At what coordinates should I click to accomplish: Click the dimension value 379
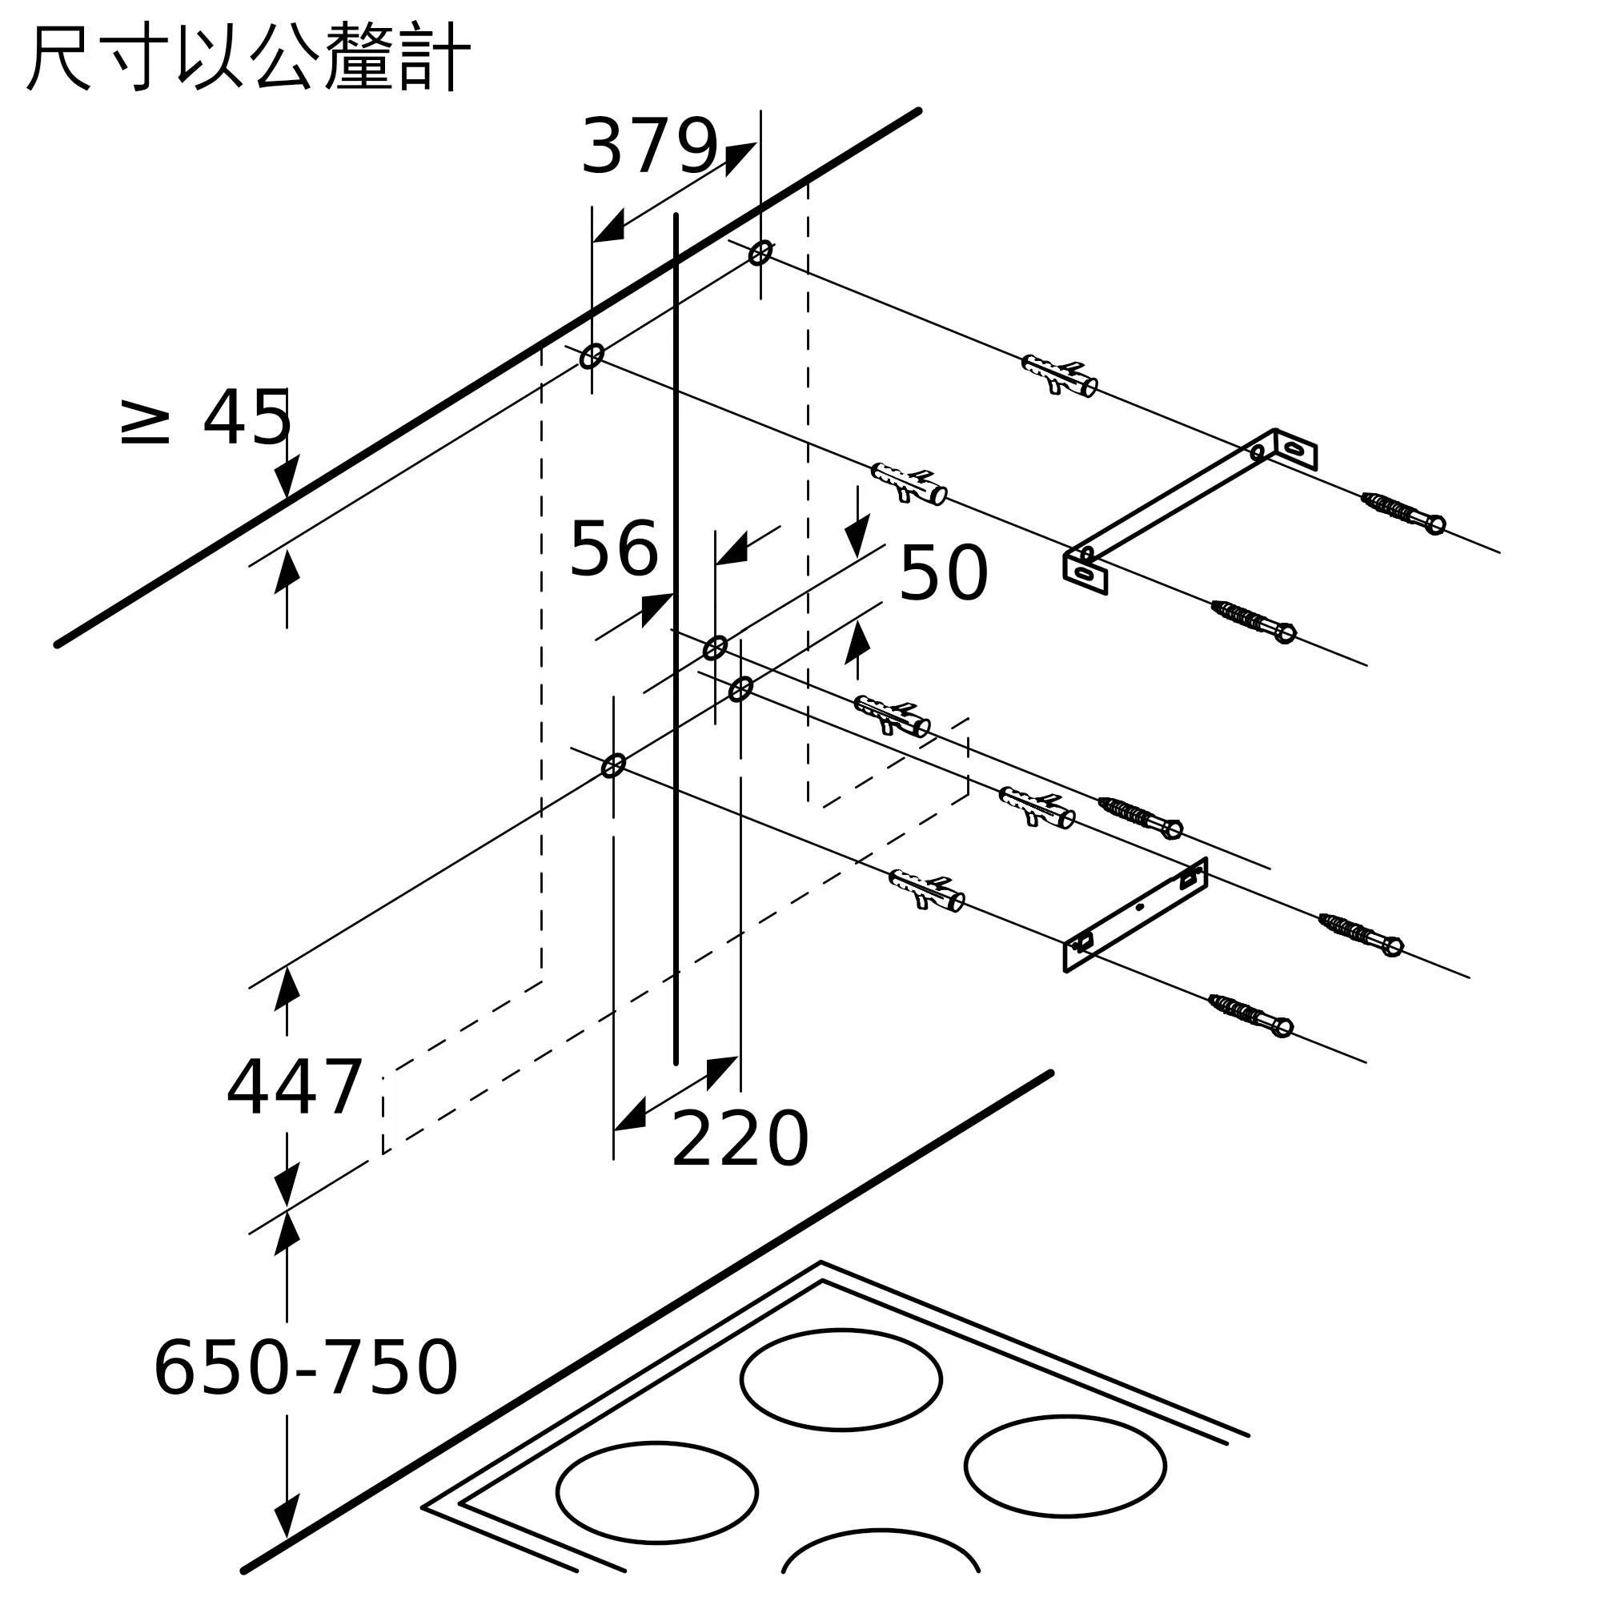pyautogui.click(x=649, y=146)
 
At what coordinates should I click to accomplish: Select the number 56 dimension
pyautogui.click(x=613, y=548)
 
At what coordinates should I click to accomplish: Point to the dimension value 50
pyautogui.click(x=943, y=572)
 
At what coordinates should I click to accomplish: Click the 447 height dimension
pyautogui.click(x=294, y=1086)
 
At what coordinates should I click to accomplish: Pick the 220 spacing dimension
pyautogui.click(x=739, y=1139)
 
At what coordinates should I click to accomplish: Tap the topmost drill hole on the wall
pyautogui.click(x=760, y=252)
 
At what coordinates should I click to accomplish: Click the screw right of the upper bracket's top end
pyautogui.click(x=1403, y=513)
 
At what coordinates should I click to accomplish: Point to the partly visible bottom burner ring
pyautogui.click(x=880, y=1558)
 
